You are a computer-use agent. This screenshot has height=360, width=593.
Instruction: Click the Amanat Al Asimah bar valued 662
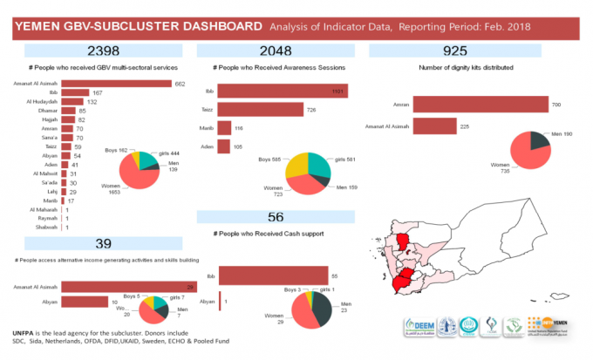119,84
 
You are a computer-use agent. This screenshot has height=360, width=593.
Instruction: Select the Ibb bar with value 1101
283,92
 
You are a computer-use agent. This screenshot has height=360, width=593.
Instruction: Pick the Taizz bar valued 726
260,109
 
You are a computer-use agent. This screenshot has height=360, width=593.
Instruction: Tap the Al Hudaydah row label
43,102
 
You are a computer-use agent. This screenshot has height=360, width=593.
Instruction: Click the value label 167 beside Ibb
98,92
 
